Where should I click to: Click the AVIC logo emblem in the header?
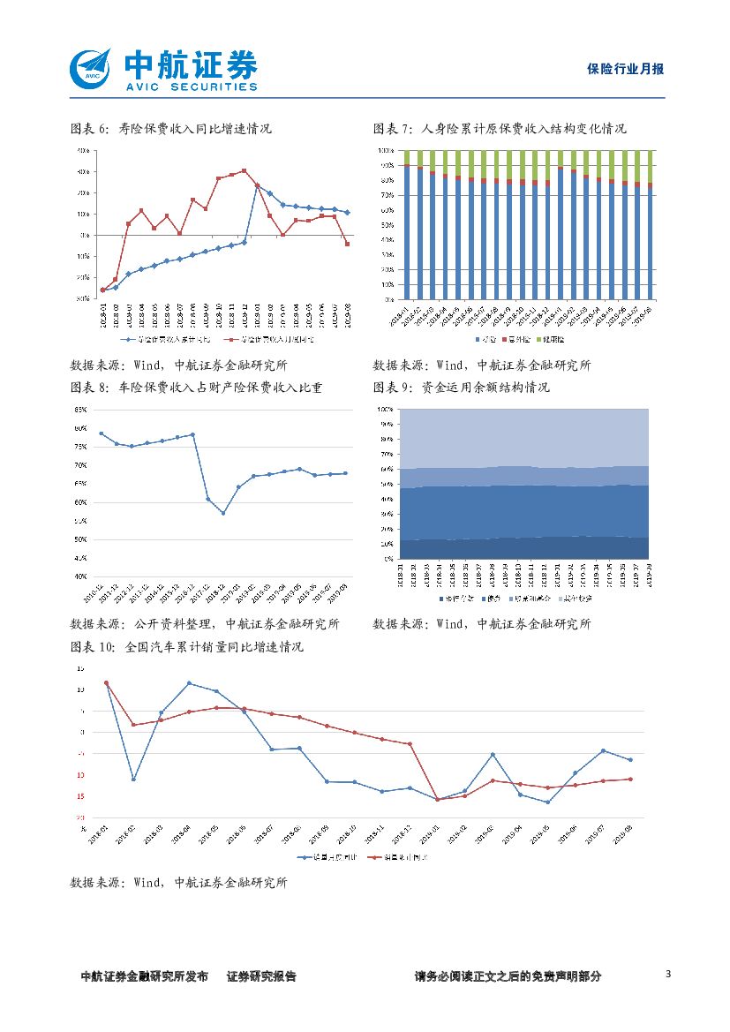tap(91, 68)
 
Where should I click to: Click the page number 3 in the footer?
tap(668, 975)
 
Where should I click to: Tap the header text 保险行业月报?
tap(625, 69)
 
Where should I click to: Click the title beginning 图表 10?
tap(186, 647)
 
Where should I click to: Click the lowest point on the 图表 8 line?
tap(223, 513)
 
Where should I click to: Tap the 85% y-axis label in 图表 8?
tap(80, 411)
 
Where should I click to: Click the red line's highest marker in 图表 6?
tap(244, 171)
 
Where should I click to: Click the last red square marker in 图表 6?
tap(347, 244)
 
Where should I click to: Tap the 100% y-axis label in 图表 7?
tap(386, 151)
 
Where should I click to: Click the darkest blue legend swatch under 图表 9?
tap(442, 599)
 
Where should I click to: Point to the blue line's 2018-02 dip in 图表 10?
tap(133, 779)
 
